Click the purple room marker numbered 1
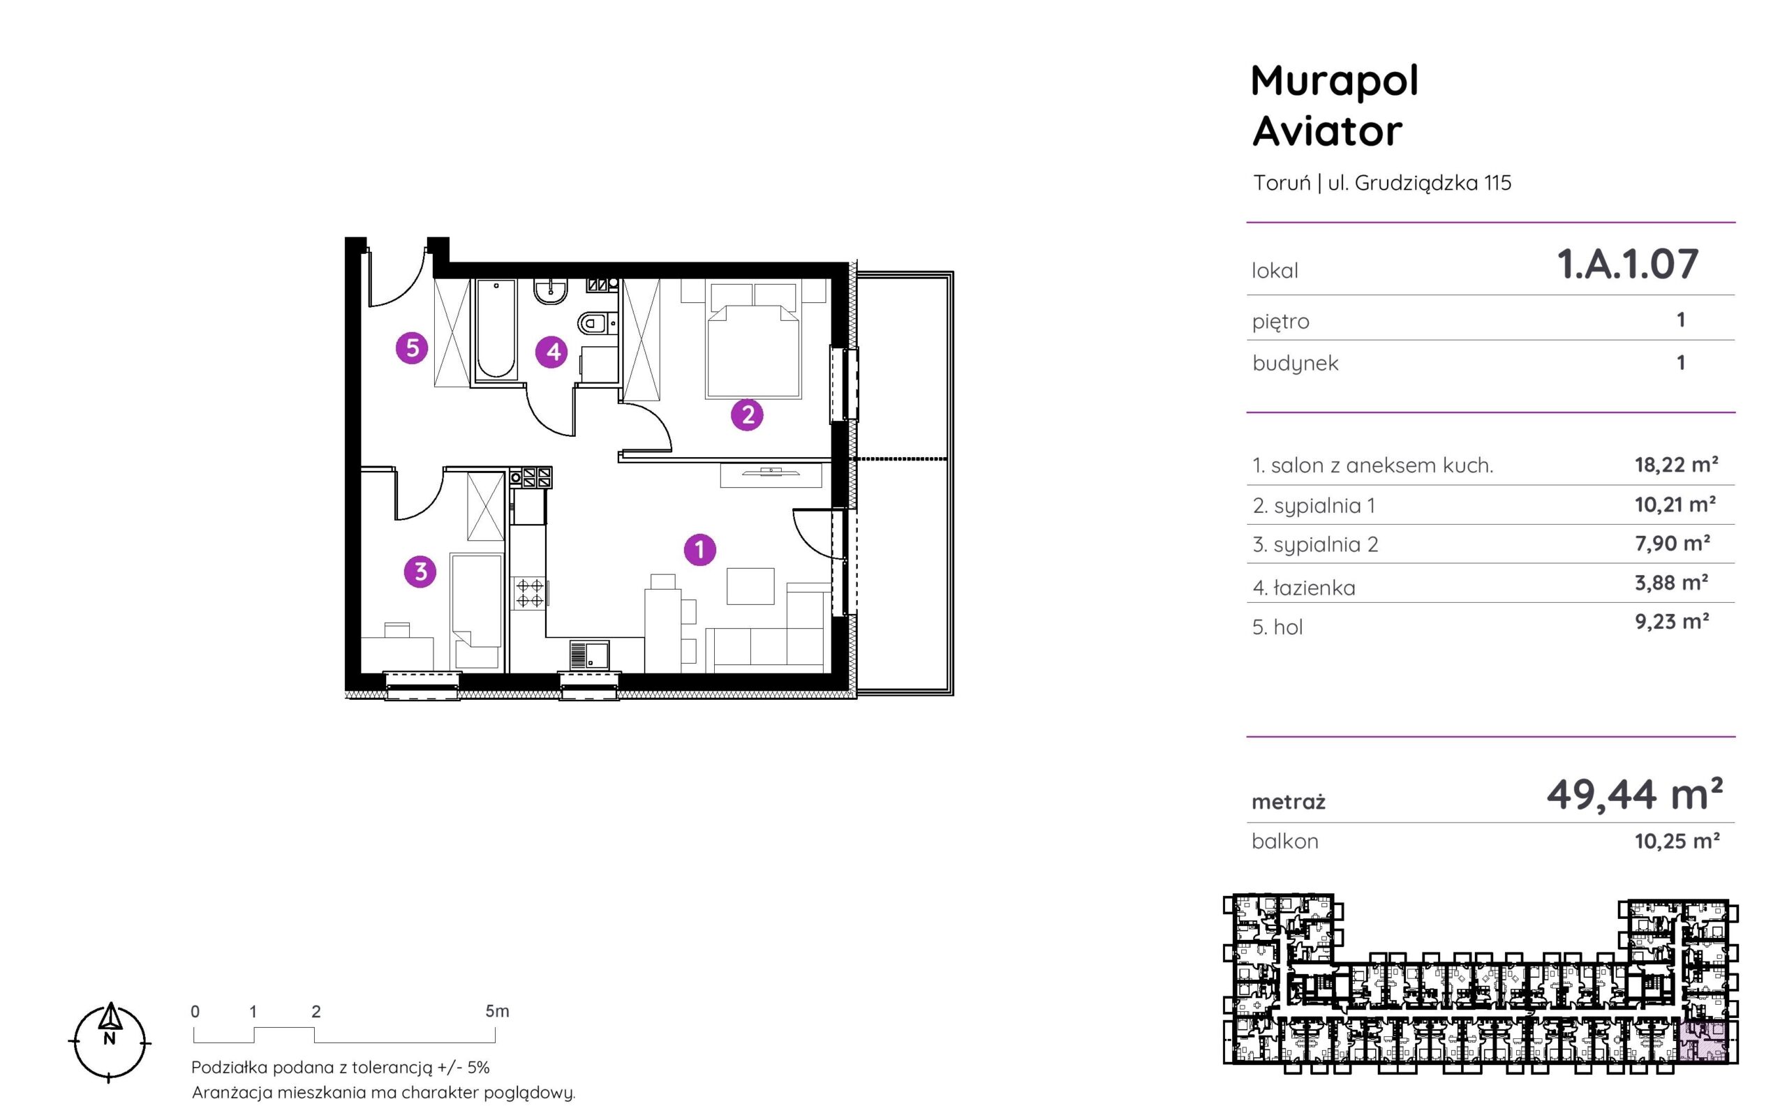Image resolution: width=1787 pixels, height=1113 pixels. tap(699, 549)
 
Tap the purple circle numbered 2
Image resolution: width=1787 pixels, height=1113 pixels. tap(747, 414)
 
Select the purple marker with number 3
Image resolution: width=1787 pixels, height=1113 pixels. tap(420, 572)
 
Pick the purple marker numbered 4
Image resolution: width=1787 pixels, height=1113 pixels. tap(552, 352)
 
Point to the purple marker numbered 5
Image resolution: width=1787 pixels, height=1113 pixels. tap(413, 348)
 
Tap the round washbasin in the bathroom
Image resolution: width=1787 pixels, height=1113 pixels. tap(550, 292)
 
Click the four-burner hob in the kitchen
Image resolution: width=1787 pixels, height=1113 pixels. tap(529, 592)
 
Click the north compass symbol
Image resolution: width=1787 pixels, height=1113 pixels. tap(110, 1042)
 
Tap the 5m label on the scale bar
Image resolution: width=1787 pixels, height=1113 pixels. tap(497, 1011)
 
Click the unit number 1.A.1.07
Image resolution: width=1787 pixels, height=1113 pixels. tap(1627, 264)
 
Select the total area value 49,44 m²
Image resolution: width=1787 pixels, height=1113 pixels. tap(1635, 794)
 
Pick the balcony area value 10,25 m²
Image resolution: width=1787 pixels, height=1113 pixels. tap(1677, 841)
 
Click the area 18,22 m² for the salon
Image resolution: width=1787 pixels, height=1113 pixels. tap(1677, 465)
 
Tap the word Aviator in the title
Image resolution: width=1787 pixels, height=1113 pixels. tap(1328, 131)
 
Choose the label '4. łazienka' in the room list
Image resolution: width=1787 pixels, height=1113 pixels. tap(1304, 588)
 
